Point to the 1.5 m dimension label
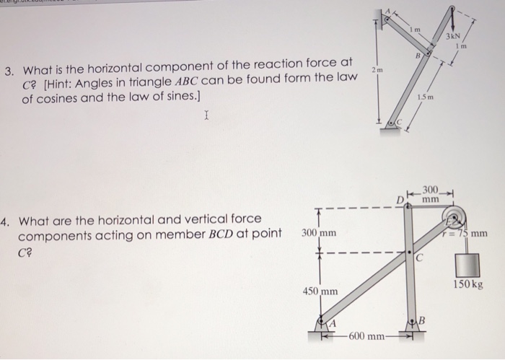pyautogui.click(x=425, y=97)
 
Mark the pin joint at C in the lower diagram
pyautogui.click(x=410, y=254)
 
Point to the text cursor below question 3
pyautogui.click(x=207, y=115)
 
